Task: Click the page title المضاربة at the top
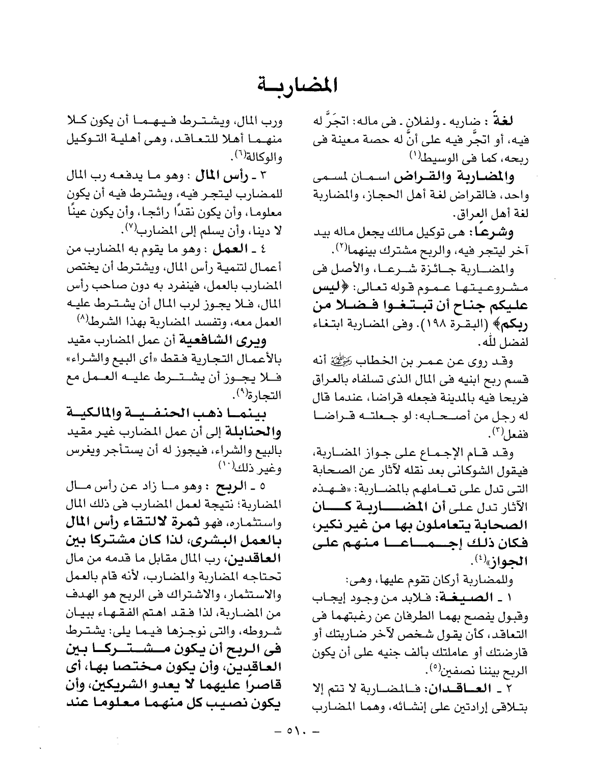pos(298,84)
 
